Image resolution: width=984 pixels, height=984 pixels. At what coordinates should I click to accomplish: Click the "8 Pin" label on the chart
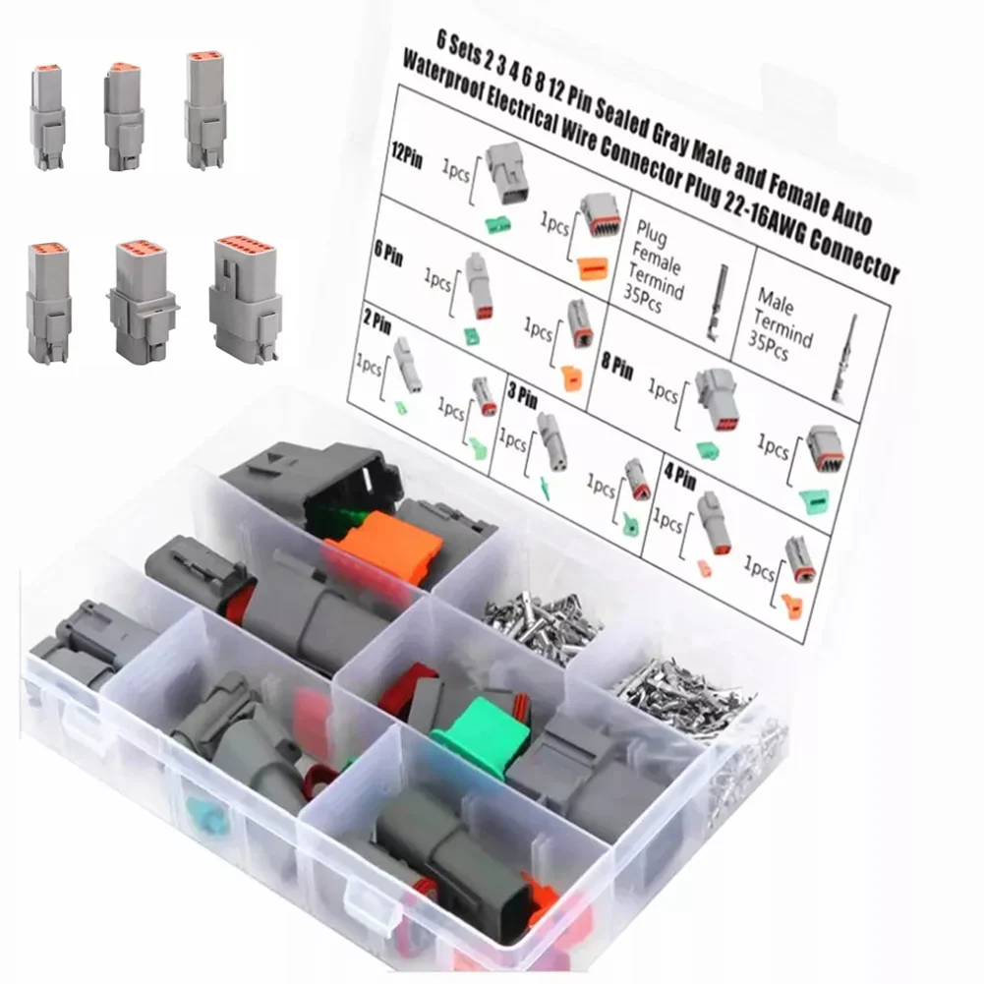(x=617, y=365)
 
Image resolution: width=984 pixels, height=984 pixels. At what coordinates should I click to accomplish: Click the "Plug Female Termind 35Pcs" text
(x=656, y=266)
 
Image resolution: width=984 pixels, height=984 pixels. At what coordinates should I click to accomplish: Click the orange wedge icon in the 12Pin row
(x=593, y=268)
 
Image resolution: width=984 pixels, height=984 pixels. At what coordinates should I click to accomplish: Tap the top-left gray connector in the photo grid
(x=46, y=117)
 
